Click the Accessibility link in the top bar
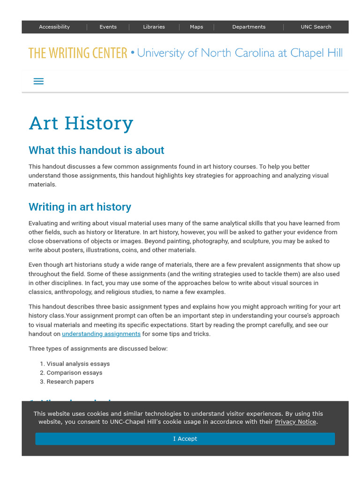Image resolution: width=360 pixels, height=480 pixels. [x=54, y=27]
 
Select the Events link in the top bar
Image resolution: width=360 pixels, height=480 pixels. [x=108, y=27]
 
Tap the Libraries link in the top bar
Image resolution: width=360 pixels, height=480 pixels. [x=154, y=27]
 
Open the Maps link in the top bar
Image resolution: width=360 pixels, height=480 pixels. [x=196, y=27]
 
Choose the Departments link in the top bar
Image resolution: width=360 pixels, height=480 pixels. [x=248, y=27]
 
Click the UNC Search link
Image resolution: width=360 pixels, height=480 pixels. [x=316, y=27]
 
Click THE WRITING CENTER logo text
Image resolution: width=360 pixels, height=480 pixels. [x=78, y=53]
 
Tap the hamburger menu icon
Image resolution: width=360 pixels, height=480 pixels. [x=39, y=81]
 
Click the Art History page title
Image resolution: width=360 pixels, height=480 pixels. [x=81, y=123]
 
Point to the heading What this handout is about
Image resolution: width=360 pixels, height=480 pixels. [x=97, y=150]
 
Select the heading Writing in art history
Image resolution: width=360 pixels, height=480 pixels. [x=80, y=207]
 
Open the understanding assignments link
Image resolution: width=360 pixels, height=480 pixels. [x=101, y=334]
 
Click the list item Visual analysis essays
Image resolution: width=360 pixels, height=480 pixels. [x=78, y=364]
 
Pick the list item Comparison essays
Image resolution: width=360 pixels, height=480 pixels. [x=75, y=373]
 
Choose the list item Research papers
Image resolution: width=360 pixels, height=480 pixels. [x=70, y=382]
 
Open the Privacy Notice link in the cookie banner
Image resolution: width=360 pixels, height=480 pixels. [x=295, y=422]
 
